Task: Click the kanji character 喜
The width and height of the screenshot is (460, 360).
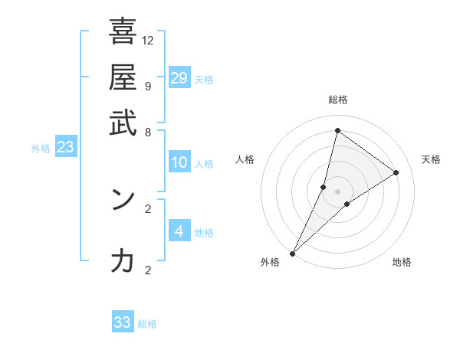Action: [x=123, y=32]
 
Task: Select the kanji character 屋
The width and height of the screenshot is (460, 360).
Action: [x=123, y=77]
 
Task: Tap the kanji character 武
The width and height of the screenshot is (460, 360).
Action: [x=123, y=123]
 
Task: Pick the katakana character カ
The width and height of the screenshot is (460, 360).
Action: [x=123, y=261]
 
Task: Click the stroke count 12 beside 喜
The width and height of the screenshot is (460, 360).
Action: [x=147, y=40]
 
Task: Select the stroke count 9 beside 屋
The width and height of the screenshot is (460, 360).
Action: [x=147, y=86]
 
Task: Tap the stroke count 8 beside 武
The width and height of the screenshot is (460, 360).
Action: [x=147, y=132]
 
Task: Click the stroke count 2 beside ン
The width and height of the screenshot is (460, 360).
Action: [x=147, y=208]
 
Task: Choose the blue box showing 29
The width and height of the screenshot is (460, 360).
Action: [x=179, y=78]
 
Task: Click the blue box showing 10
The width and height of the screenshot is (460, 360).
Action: [x=179, y=162]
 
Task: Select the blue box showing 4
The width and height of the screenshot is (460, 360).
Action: [x=179, y=231]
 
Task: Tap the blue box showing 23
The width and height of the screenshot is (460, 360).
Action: [x=65, y=147]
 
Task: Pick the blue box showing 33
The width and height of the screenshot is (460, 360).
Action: [x=123, y=322]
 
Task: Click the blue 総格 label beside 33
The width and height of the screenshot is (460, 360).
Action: [x=147, y=324]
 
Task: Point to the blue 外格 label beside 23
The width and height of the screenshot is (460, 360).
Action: [x=40, y=149]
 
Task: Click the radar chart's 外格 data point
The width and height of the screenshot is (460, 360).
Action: [x=292, y=254]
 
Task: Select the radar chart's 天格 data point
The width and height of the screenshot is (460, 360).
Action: [x=396, y=172]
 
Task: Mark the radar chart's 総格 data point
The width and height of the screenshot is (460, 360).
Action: [x=337, y=130]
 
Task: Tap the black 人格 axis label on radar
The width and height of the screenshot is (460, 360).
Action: [x=245, y=159]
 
